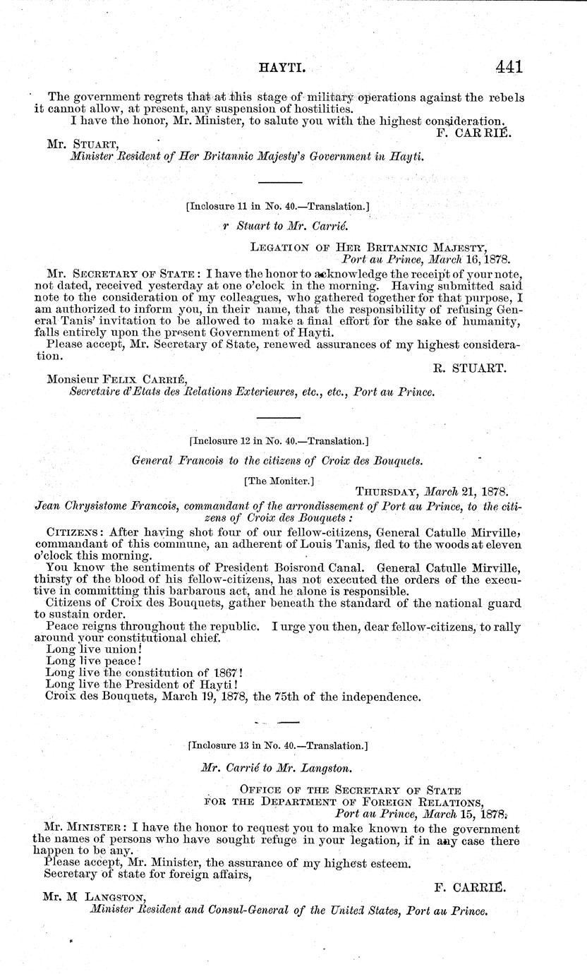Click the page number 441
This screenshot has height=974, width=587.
(x=508, y=66)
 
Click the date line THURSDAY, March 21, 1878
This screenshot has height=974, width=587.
(x=432, y=491)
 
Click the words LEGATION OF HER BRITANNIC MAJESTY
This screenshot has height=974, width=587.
(x=368, y=246)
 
